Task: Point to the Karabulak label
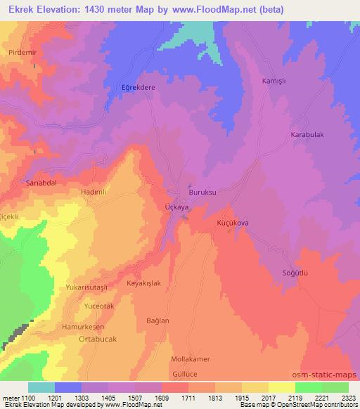[x=307, y=134]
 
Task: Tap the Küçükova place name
[x=233, y=222]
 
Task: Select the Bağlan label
[x=157, y=320]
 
